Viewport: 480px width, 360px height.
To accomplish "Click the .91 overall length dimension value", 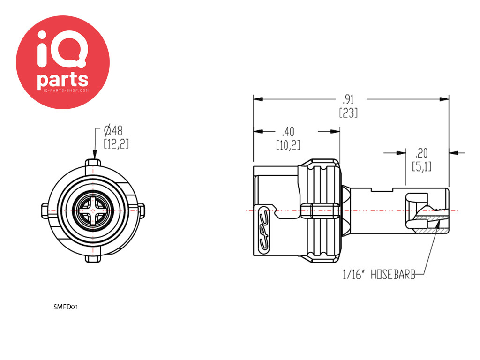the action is coord(348,99).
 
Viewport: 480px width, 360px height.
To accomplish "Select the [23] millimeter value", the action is coord(348,113).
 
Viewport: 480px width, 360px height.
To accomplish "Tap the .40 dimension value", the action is coord(288,132).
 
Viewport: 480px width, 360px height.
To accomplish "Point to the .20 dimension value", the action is coord(421,153).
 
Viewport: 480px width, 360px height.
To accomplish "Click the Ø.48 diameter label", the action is coord(113,131).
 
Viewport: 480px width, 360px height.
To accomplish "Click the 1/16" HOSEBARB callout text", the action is coord(379,274).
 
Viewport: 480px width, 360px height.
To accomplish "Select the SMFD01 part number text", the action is coord(66,307).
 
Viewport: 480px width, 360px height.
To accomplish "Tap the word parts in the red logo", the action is coord(63,80).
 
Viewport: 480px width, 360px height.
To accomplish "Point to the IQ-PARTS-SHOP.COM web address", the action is coord(63,90).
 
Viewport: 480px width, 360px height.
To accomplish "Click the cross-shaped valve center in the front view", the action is coord(93,210).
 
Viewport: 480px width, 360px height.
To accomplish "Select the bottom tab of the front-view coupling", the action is coord(93,259).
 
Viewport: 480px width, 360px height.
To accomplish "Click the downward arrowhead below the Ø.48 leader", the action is coord(95,154).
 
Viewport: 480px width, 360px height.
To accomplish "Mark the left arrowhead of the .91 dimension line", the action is coord(258,99).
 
